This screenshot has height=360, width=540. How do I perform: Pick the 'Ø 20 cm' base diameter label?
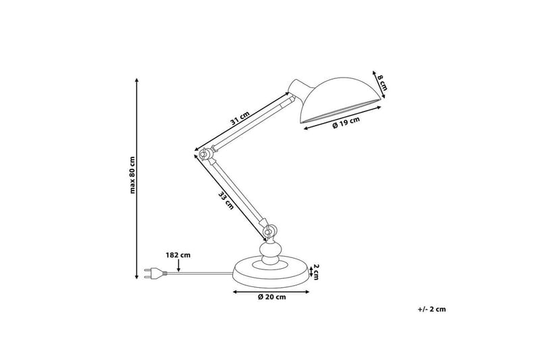click(271, 297)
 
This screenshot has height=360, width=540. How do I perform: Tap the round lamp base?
click(270, 273)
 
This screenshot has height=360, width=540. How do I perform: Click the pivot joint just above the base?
click(269, 232)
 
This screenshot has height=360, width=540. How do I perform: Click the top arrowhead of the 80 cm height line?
click(138, 80)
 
